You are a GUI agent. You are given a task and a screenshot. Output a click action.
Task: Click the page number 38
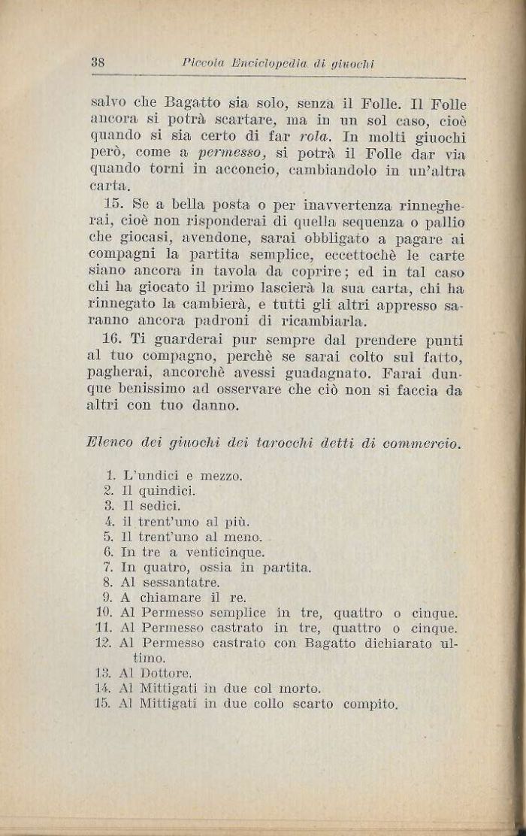tap(97, 63)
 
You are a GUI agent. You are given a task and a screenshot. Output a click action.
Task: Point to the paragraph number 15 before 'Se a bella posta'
tap(113, 204)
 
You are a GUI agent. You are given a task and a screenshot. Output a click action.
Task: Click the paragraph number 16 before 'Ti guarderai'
tap(113, 339)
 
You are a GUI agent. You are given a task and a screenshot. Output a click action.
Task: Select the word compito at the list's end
tap(370, 704)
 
